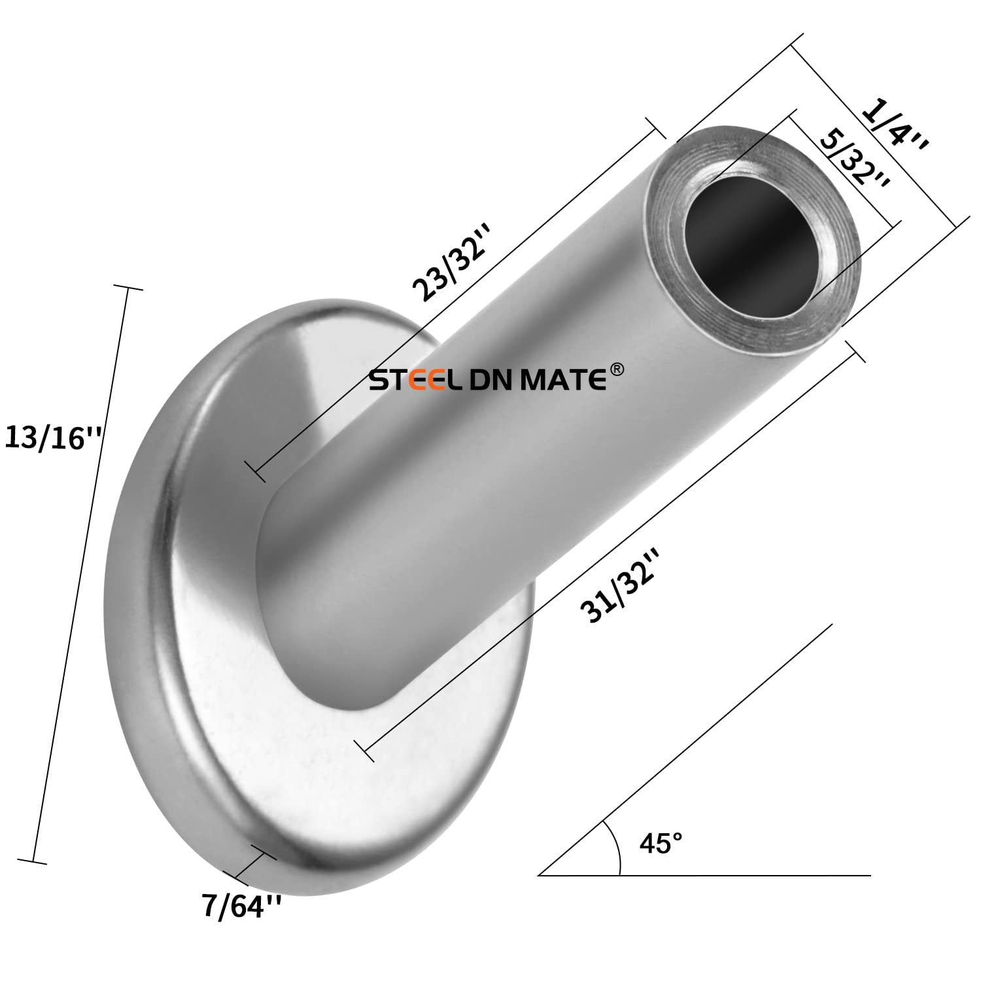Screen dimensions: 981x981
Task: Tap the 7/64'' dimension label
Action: [242, 907]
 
